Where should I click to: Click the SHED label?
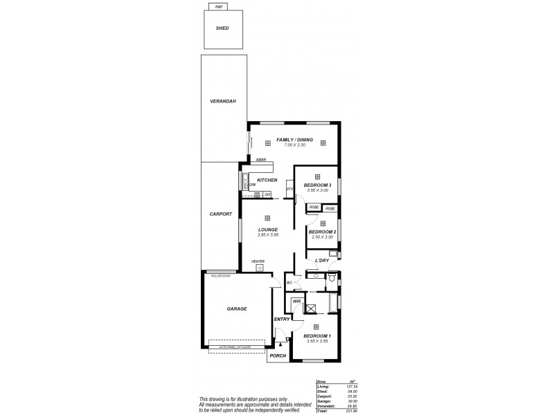[x=222, y=28]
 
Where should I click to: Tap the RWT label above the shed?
[x=220, y=7]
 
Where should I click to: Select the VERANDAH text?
[x=223, y=101]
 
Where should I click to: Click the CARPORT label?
[x=220, y=214]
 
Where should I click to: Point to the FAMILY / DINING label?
[x=294, y=140]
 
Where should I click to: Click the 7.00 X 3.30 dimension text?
[x=294, y=146]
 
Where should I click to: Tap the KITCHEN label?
[x=267, y=180]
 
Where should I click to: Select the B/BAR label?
[x=261, y=160]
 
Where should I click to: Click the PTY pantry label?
[x=289, y=189]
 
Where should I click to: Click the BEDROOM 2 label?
[x=321, y=231]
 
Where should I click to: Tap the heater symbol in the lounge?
[x=260, y=268]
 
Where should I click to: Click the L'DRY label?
[x=321, y=261]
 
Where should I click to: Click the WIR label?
[x=296, y=302]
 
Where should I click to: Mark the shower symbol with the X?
[x=311, y=308]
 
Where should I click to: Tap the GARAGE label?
[x=237, y=308]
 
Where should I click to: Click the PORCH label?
[x=278, y=356]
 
